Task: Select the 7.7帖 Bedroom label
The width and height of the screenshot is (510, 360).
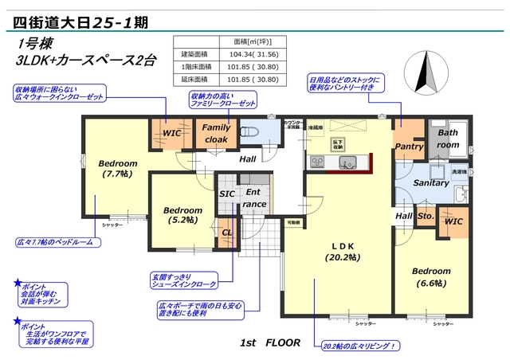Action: coord(118,168)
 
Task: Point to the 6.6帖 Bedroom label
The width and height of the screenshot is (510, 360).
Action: coord(431,276)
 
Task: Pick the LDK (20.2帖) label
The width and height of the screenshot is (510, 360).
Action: coord(343,252)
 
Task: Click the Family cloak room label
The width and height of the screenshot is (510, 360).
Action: coord(216,133)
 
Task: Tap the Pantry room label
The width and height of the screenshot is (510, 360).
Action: coord(409,147)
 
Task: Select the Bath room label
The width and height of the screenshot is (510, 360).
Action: coord(448,139)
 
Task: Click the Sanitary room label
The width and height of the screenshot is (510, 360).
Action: coord(433,182)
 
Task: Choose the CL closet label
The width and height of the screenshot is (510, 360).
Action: coord(226,233)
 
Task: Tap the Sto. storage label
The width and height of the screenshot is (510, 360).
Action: coord(425,216)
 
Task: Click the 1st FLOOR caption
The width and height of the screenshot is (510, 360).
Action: coord(270,342)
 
